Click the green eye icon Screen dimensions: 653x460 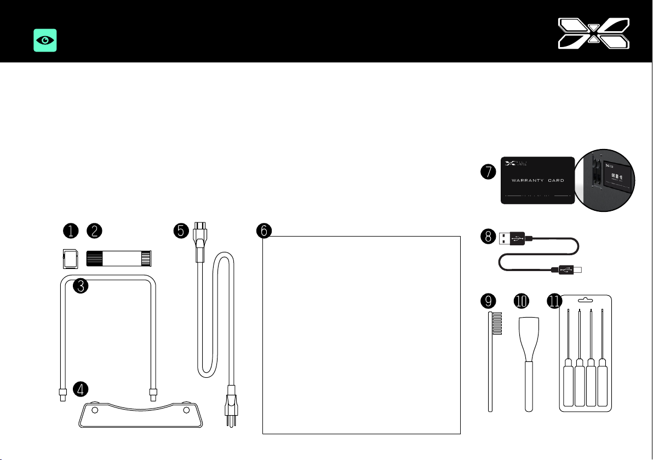45,41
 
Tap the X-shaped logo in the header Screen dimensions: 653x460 593,32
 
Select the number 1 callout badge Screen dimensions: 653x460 71,231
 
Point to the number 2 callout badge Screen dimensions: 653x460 95,231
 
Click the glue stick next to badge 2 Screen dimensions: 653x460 119,258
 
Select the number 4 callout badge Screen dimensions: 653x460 81,389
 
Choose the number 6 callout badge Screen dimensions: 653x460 264,231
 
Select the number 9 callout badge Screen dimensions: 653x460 487,301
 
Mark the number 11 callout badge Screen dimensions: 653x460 555,301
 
